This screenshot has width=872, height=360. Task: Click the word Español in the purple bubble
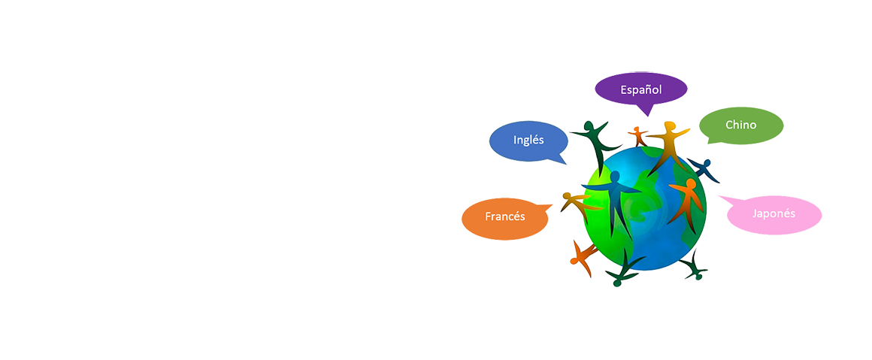(x=640, y=90)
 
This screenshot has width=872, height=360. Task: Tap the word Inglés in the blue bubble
(x=528, y=140)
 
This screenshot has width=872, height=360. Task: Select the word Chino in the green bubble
(x=740, y=125)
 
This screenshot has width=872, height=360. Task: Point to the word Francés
(x=504, y=216)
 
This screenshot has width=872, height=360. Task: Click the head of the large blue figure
(x=615, y=176)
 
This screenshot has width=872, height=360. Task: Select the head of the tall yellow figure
(x=669, y=126)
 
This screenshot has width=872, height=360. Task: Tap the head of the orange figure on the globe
(x=691, y=182)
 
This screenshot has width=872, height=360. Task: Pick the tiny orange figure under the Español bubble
(x=638, y=136)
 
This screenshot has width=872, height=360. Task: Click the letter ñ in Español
(x=650, y=90)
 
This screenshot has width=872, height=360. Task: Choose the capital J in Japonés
(x=754, y=213)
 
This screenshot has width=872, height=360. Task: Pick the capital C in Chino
(x=729, y=125)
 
